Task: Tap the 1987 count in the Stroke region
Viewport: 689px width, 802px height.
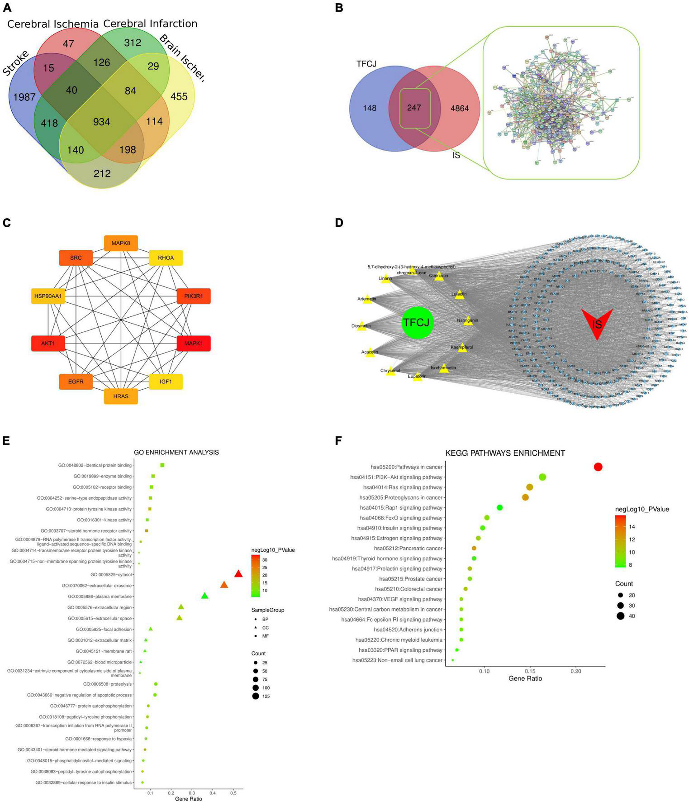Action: coord(24,97)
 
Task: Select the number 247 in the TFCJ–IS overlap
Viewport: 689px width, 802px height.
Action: coord(414,108)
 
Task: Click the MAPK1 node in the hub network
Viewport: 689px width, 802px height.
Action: coord(194,344)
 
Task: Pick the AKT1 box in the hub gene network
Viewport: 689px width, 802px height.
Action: coord(48,344)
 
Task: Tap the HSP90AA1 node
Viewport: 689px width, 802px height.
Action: coord(48,296)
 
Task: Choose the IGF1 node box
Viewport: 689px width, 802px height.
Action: coord(166,382)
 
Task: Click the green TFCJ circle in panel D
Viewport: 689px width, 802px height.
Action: coord(418,322)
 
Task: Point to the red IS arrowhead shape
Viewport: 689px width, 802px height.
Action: coord(597,323)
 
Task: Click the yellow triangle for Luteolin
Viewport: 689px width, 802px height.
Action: coord(460,294)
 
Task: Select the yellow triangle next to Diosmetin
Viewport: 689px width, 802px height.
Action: coord(361,326)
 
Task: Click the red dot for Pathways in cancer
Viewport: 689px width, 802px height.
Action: coord(598,467)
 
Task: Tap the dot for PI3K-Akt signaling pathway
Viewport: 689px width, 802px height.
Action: coord(542,477)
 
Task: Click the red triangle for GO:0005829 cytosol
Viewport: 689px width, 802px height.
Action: coord(238,574)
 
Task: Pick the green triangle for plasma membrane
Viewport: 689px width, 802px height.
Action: coord(204,596)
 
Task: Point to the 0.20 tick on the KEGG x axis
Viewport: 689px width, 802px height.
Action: coord(576,671)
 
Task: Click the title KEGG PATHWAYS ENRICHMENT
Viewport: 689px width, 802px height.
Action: coord(505,453)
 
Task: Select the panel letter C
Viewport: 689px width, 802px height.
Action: coord(6,223)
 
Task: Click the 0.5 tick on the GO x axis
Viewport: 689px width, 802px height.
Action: coord(233,793)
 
